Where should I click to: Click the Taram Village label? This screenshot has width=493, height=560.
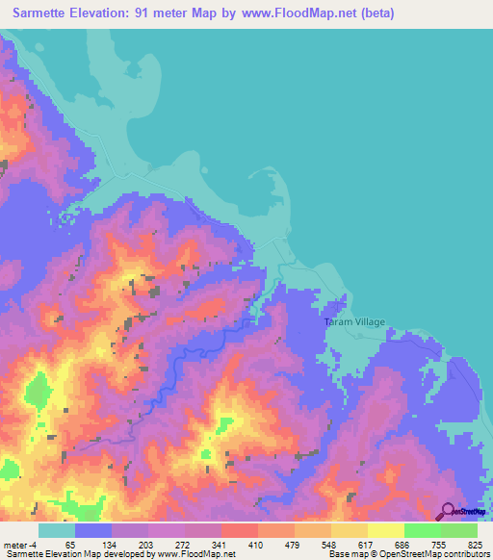pyautogui.click(x=354, y=322)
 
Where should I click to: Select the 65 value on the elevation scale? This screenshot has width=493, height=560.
pyautogui.click(x=69, y=545)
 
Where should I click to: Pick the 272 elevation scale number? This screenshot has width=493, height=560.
pyautogui.click(x=180, y=545)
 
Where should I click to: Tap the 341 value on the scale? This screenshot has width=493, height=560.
pyautogui.click(x=218, y=545)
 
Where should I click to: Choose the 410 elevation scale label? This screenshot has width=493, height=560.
pyautogui.click(x=254, y=545)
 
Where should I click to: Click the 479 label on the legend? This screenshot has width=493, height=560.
pyautogui.click(x=292, y=545)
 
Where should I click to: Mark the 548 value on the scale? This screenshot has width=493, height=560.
pyautogui.click(x=328, y=545)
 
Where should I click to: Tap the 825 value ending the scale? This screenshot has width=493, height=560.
pyautogui.click(x=475, y=545)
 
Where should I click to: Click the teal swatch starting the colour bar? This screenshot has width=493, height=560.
pyautogui.click(x=57, y=530)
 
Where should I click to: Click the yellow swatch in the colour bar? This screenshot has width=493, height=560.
pyautogui.click(x=385, y=530)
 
